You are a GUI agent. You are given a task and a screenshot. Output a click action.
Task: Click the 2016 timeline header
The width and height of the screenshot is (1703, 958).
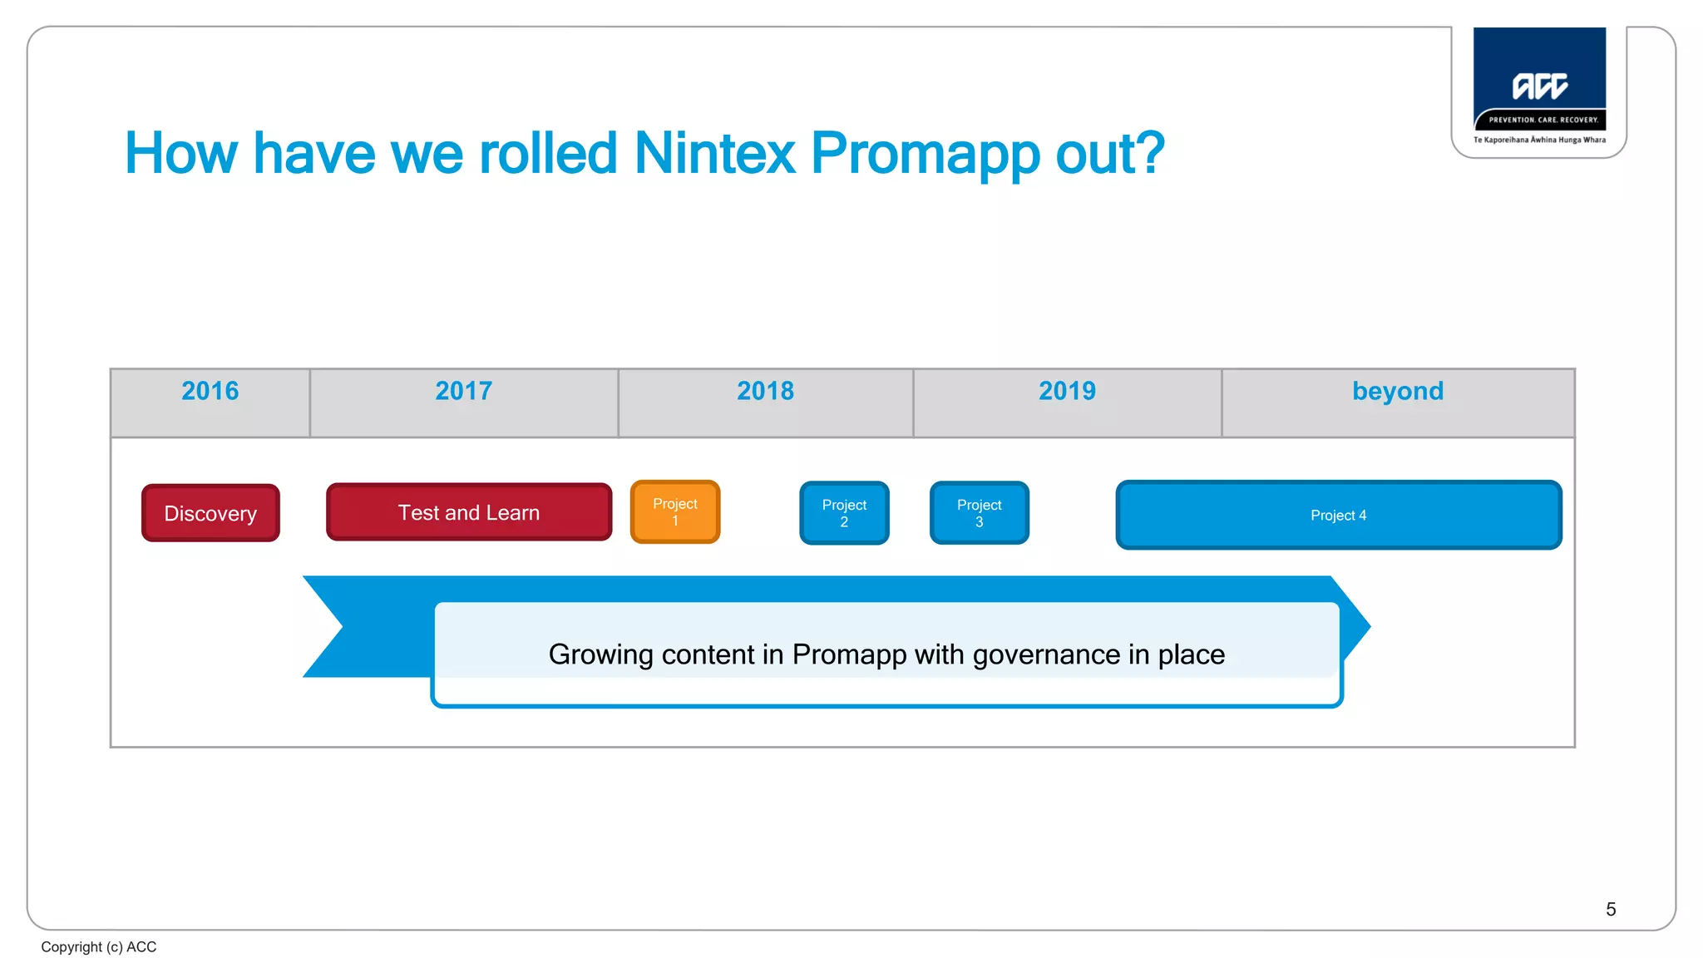tap(210, 391)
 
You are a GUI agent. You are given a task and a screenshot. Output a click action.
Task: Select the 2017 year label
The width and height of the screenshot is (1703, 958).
tap(464, 391)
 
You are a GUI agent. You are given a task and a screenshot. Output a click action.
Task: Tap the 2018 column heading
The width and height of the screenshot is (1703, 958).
tap(765, 391)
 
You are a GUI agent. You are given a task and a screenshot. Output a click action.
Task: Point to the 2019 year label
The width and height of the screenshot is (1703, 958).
tap(1067, 391)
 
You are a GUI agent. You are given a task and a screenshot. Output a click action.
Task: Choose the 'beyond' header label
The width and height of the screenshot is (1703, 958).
tap(1398, 391)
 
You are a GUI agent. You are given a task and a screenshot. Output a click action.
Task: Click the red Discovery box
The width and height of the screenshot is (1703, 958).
tap(210, 513)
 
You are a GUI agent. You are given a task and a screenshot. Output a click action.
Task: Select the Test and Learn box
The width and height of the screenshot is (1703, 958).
tap(469, 512)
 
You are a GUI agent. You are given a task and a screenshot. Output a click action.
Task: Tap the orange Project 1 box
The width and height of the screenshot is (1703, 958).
tap(675, 512)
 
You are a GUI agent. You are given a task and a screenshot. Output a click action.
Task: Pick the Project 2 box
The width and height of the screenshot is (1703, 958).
tap(844, 513)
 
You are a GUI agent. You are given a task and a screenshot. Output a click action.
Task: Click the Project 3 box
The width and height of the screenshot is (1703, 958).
tap(980, 513)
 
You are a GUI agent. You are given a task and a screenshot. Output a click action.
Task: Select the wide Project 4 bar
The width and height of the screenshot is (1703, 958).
tap(1338, 515)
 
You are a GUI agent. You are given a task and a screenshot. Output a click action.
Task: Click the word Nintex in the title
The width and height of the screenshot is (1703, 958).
tap(715, 154)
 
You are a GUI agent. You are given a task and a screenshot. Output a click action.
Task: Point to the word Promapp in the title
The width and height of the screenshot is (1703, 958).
tap(926, 156)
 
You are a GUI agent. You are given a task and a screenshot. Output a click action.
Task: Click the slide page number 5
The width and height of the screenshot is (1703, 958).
tap(1611, 909)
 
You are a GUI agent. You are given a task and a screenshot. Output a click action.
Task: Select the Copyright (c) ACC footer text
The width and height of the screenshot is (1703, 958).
tap(99, 946)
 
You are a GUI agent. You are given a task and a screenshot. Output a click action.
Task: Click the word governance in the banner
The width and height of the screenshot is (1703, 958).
tap(1046, 654)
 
